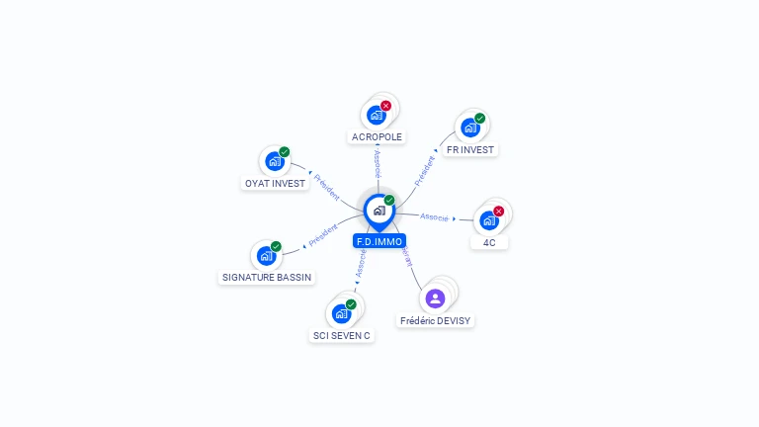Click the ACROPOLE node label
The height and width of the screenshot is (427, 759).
click(378, 136)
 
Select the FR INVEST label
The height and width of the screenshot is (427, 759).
click(469, 149)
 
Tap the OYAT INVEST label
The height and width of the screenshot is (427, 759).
click(275, 183)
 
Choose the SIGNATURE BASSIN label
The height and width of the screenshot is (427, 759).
click(267, 278)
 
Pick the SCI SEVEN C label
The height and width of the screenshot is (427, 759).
click(342, 335)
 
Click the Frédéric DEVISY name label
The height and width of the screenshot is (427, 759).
click(436, 320)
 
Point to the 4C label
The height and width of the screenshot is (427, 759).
click(489, 242)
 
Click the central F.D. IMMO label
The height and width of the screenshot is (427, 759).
click(379, 240)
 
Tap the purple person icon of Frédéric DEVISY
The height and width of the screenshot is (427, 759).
click(435, 298)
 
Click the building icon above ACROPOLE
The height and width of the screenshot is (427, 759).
click(377, 115)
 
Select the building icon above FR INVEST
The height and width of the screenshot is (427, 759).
click(470, 128)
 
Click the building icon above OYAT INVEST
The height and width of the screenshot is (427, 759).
click(275, 161)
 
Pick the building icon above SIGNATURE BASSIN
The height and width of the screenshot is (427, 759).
click(266, 256)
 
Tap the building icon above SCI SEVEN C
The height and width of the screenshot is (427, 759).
click(342, 313)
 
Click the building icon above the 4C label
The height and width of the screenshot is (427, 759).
click(488, 220)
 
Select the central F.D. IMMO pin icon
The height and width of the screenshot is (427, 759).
click(379, 211)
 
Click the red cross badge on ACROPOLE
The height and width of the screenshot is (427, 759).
click(385, 106)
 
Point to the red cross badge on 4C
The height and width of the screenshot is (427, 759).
click(498, 211)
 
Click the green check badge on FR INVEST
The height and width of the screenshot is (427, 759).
click(479, 119)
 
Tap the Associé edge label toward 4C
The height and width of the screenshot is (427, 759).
click(434, 216)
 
